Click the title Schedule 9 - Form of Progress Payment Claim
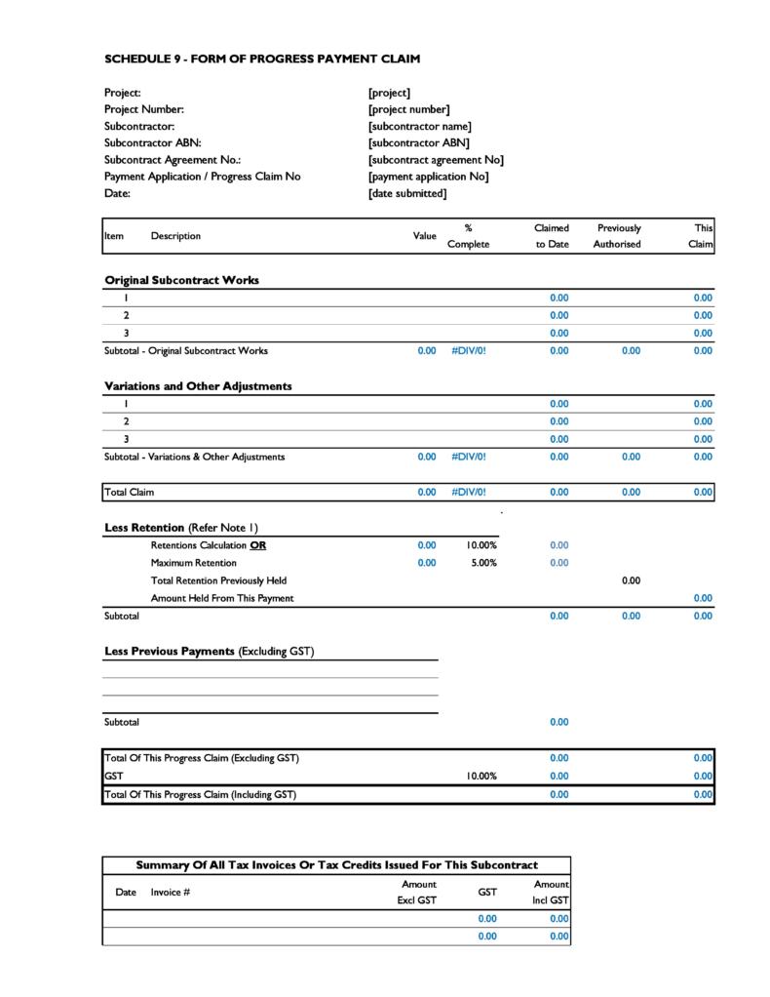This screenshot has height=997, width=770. [262, 59]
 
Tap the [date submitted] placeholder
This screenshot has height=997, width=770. [407, 193]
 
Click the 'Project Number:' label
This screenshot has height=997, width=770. [143, 109]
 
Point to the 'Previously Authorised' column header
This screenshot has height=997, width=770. [618, 236]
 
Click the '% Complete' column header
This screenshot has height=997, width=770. [468, 236]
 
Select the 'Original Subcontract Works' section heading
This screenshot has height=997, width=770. [181, 280]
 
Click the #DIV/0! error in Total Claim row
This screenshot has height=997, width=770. [468, 493]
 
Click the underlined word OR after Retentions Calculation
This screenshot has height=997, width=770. [257, 545]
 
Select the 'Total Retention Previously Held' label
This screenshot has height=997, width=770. [218, 580]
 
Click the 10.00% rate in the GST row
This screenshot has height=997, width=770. [481, 777]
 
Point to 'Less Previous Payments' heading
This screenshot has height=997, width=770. [170, 652]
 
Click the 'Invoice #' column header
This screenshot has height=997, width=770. [170, 892]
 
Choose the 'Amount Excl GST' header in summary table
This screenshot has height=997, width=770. [417, 892]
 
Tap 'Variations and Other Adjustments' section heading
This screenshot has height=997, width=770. [198, 386]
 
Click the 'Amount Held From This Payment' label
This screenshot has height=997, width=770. [221, 598]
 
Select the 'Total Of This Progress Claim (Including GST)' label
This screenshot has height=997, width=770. [200, 794]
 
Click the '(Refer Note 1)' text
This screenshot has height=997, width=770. [223, 528]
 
